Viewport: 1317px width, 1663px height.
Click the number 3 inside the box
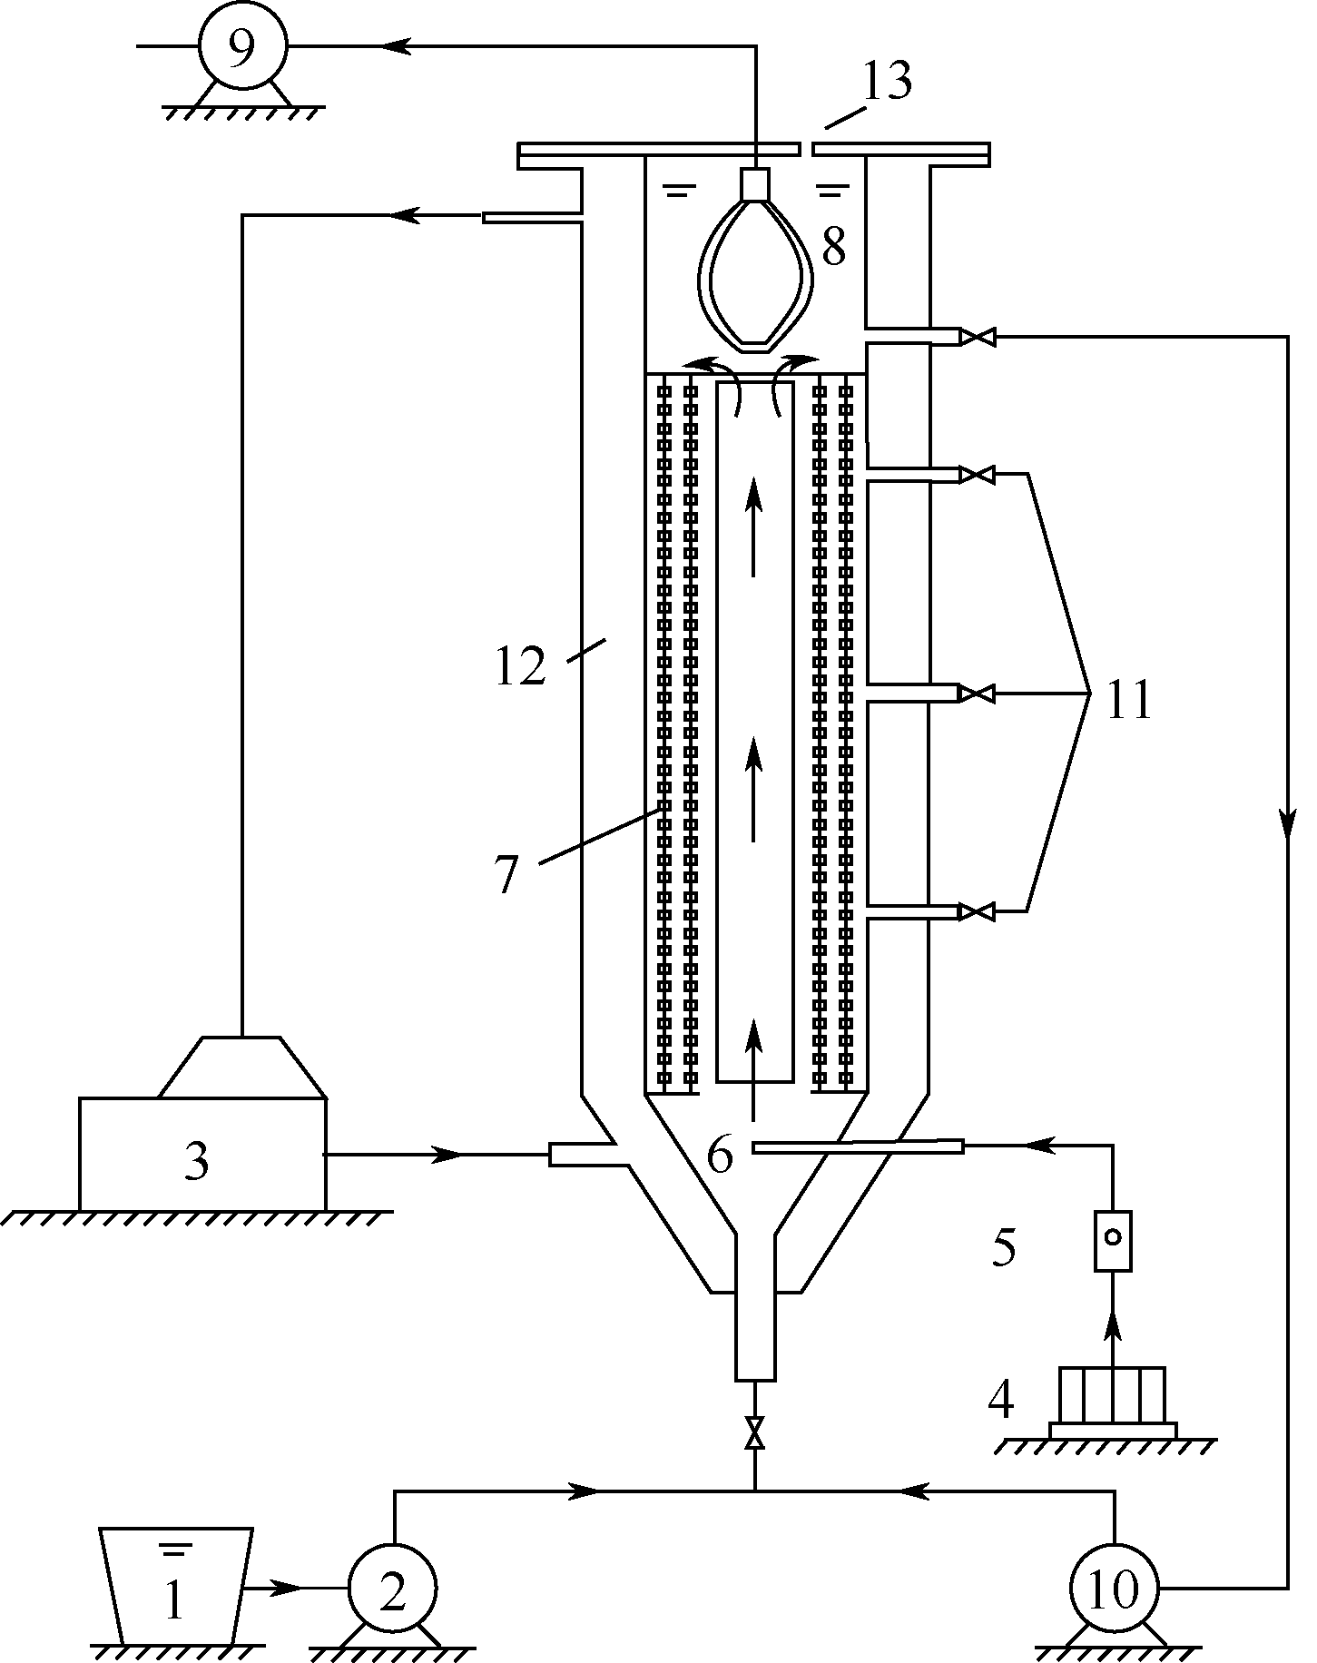[x=196, y=1161]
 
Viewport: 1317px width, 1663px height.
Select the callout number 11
[x=1128, y=701]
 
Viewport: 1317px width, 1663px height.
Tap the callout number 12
[x=520, y=667]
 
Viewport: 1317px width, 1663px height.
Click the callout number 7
[x=506, y=875]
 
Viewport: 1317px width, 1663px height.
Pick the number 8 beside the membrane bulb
[x=833, y=246]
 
